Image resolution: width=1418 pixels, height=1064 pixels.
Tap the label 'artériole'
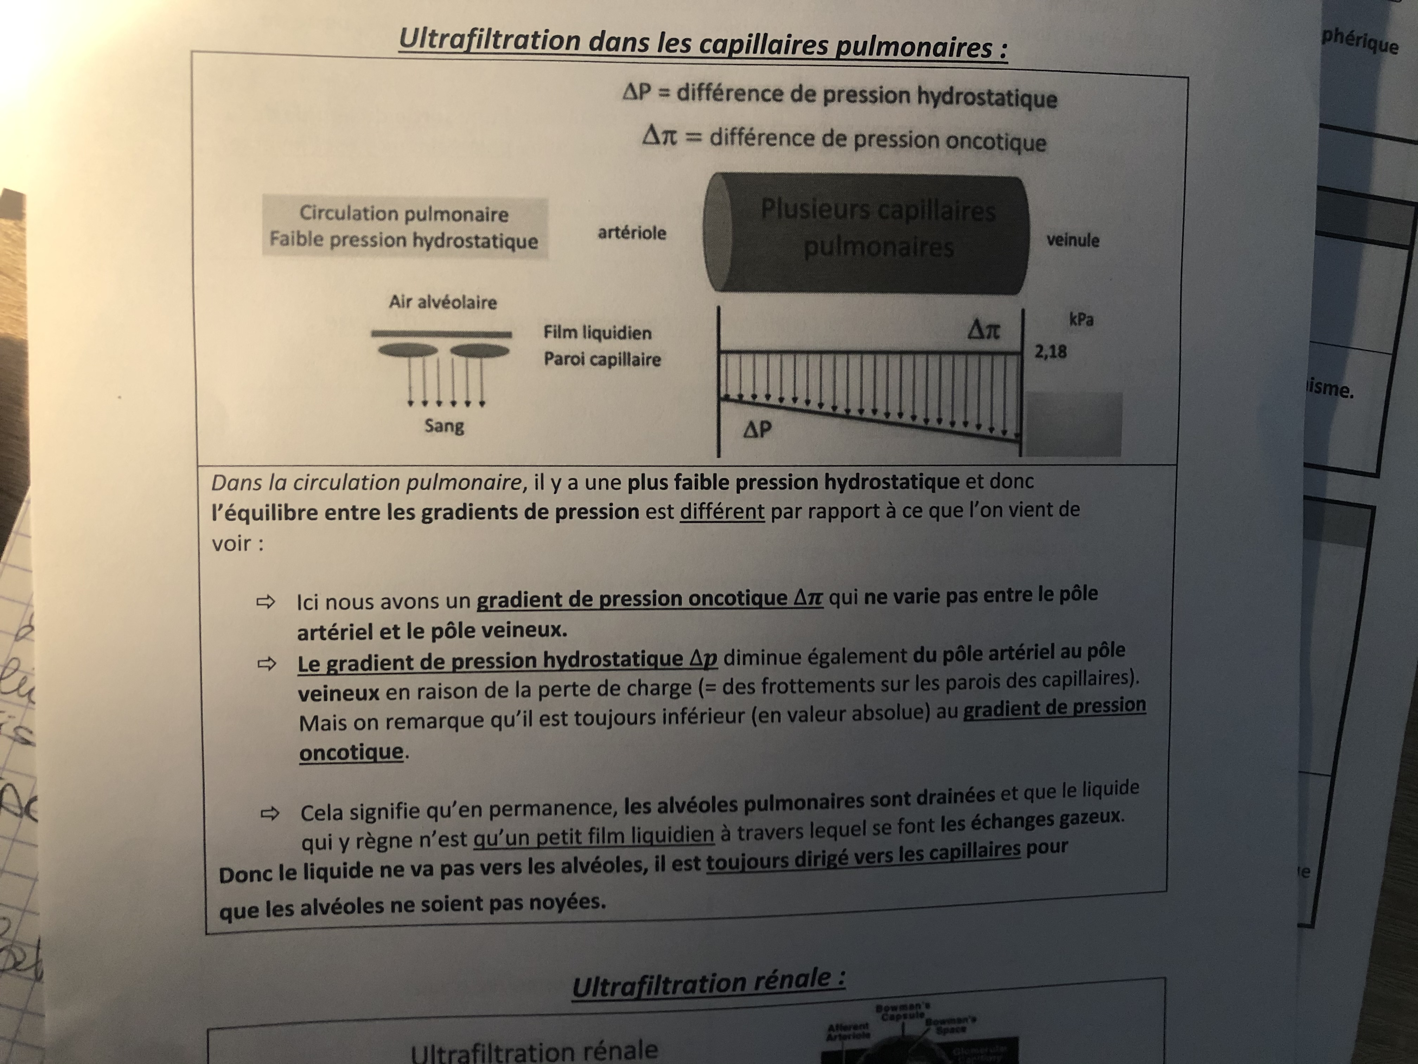(631, 232)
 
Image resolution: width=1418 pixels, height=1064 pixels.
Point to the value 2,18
(1050, 351)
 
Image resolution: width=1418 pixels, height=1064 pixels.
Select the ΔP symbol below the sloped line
(757, 429)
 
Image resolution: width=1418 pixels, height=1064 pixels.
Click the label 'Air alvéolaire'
(442, 302)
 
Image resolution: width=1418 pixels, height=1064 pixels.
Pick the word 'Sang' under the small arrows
(443, 426)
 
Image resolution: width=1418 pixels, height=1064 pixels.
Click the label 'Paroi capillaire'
(602, 359)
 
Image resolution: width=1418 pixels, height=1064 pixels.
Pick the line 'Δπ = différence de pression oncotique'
(844, 139)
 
